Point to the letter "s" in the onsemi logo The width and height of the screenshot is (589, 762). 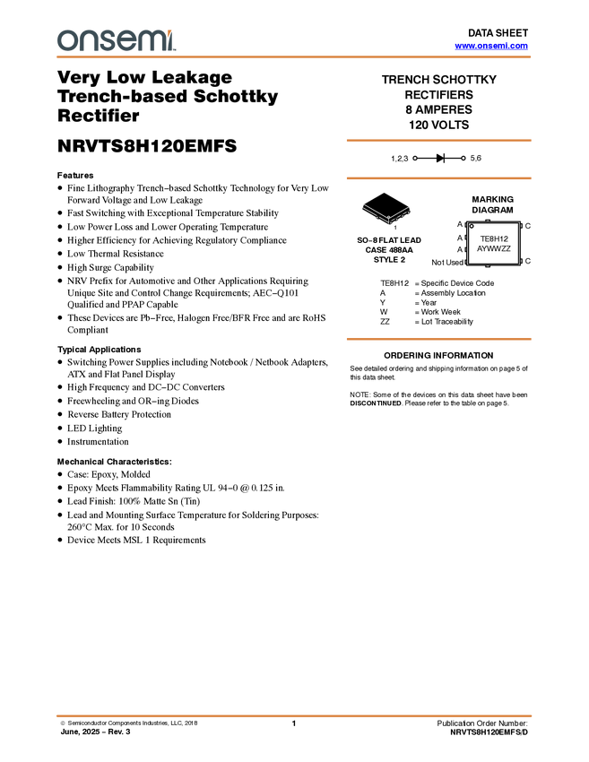click(x=110, y=41)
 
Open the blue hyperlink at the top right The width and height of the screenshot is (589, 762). click(x=491, y=46)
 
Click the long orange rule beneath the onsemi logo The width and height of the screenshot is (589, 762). click(x=294, y=57)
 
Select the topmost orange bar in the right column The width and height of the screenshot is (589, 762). click(x=438, y=140)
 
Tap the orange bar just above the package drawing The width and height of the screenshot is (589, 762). click(x=438, y=178)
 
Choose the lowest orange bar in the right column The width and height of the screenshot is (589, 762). click(x=438, y=339)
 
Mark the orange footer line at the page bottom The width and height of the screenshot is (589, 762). click(x=294, y=716)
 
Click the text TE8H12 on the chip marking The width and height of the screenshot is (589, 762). click(x=494, y=238)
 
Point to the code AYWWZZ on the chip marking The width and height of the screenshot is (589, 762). click(x=494, y=248)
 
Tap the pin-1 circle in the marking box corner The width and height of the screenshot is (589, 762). click(x=472, y=227)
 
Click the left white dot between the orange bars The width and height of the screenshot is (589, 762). click(x=414, y=160)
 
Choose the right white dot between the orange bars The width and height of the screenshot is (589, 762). click(x=463, y=160)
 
